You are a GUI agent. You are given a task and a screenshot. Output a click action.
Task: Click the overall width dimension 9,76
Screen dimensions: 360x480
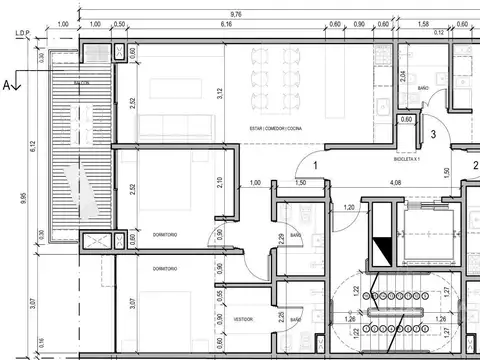pyautogui.click(x=236, y=12)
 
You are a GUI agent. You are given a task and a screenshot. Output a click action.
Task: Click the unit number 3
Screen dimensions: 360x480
pyautogui.click(x=433, y=132)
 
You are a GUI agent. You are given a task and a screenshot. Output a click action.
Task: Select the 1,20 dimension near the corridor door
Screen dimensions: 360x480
pyautogui.click(x=349, y=207)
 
